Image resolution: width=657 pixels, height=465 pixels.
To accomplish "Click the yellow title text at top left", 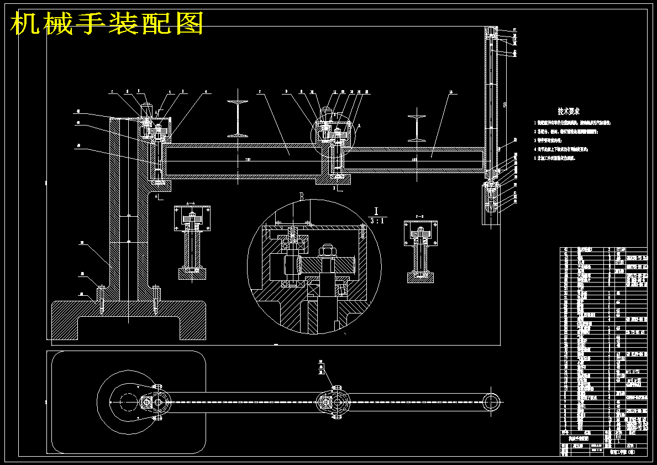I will click(x=108, y=24).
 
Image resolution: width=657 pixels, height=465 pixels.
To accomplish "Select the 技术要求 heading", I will click(x=568, y=112).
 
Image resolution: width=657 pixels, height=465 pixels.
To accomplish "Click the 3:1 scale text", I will click(x=378, y=220).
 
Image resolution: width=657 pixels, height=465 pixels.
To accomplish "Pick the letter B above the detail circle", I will click(x=302, y=196).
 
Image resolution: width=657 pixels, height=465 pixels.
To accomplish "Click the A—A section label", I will click(x=191, y=203).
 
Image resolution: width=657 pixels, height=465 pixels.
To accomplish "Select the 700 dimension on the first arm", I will click(x=248, y=160).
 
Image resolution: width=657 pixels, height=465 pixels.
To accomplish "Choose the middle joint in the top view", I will click(x=333, y=402).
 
